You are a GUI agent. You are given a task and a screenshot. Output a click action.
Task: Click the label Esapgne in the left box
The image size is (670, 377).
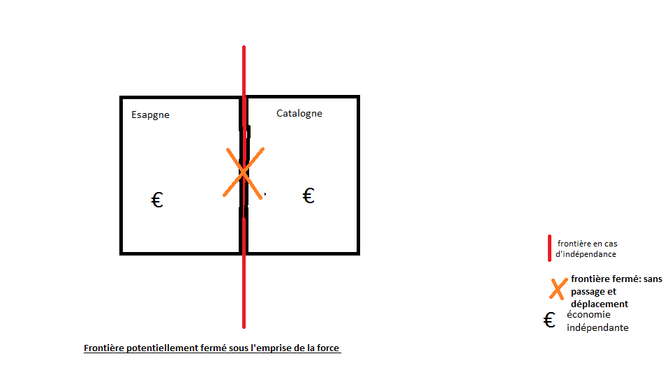click(x=151, y=115)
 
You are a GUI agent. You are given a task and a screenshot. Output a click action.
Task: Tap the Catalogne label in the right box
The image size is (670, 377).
click(x=299, y=113)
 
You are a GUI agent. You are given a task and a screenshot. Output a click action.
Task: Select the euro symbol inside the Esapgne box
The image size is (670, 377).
click(x=157, y=200)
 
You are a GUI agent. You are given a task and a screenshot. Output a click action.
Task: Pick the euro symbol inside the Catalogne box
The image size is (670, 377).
click(x=308, y=195)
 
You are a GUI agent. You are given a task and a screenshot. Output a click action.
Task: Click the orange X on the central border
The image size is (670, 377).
click(x=243, y=172)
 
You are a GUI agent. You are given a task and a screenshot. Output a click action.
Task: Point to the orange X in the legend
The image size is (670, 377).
click(x=558, y=289)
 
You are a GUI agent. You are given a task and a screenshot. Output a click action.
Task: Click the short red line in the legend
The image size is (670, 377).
click(x=549, y=248)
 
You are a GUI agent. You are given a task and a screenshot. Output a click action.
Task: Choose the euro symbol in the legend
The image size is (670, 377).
click(x=549, y=320)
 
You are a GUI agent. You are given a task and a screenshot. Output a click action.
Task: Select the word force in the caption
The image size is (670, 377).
click(x=328, y=348)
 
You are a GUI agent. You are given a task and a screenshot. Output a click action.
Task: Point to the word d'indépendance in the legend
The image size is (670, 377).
click(x=586, y=254)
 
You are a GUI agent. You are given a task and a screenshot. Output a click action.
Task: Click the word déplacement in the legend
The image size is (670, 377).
click(x=600, y=304)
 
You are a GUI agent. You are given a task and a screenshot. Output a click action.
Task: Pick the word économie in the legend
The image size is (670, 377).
click(x=589, y=315)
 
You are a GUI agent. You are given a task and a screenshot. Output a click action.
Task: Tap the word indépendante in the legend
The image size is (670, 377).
click(x=598, y=328)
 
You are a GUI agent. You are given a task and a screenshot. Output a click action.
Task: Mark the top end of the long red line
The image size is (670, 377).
click(x=244, y=46)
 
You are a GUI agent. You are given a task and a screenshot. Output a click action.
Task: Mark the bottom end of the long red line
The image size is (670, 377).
click(x=244, y=327)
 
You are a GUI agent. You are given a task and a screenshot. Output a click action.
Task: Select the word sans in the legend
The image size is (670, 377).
click(x=653, y=279)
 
